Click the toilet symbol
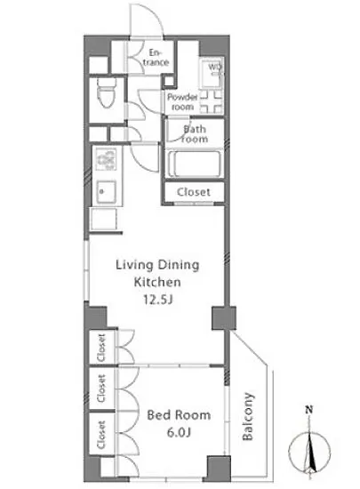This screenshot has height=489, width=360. pos(107,92)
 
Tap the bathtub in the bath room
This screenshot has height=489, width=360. pos(195,164)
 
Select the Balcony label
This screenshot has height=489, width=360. pos(248,416)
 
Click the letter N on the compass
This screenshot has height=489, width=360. pos(309,409)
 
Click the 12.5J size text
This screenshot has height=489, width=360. pos(157,300)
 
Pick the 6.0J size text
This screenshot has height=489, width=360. pos(179,432)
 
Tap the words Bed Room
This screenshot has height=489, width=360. pos(179,415)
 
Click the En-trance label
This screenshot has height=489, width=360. pos(156,58)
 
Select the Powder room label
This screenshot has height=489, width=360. pos(182,102)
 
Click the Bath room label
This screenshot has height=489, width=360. pos(194,133)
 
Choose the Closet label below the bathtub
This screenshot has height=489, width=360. pos(194,192)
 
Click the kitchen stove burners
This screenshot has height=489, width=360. pos(106,159)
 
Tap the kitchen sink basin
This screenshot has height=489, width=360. pos(106,192)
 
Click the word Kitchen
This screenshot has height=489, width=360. pos(157,282)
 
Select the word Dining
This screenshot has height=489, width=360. pos(178,265)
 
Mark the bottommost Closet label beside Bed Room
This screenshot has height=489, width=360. pos(101,435)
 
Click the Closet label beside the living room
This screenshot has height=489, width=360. pos(101,348)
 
